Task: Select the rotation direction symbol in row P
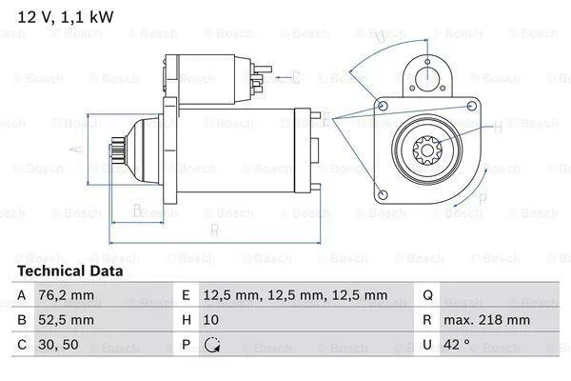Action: (x=212, y=345)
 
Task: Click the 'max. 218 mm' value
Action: (x=489, y=320)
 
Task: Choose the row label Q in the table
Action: (x=427, y=295)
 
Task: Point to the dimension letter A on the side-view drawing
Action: (x=79, y=149)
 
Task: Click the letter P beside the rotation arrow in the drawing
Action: (x=482, y=199)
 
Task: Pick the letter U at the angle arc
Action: (x=381, y=37)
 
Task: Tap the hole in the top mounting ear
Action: (x=427, y=75)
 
